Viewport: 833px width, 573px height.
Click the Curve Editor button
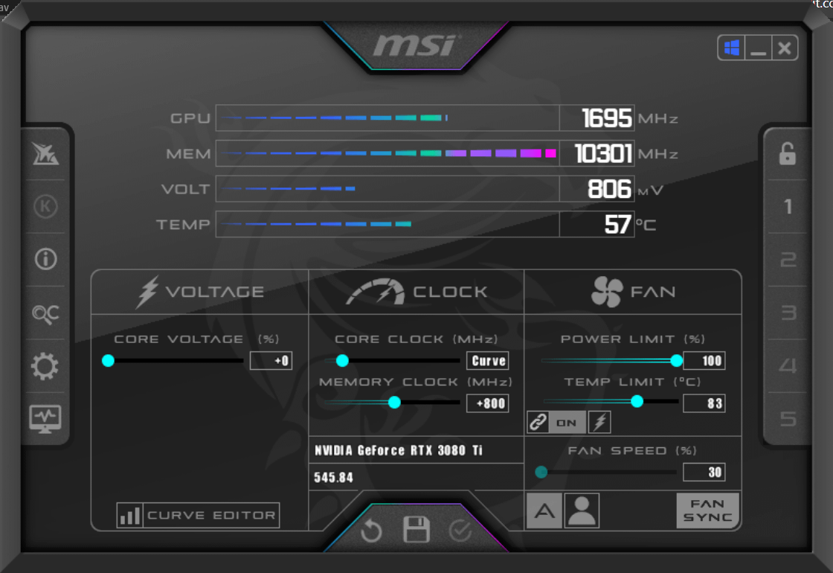(198, 514)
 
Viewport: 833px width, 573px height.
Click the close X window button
(784, 48)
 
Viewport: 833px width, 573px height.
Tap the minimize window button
(758, 48)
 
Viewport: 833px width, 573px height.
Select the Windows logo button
(732, 48)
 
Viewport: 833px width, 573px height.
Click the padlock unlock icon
(788, 153)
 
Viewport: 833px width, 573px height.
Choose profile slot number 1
(788, 206)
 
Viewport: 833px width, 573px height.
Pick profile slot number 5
(788, 419)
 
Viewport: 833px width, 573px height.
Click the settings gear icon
(45, 365)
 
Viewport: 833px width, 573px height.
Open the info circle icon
(45, 260)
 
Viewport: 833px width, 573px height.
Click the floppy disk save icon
(416, 529)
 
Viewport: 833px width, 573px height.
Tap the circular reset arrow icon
(371, 530)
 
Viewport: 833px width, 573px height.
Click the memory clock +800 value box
(488, 403)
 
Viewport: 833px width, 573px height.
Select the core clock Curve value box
(488, 360)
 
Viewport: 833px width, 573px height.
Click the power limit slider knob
(676, 360)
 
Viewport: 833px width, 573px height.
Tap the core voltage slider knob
(108, 360)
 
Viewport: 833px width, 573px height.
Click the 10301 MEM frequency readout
(603, 153)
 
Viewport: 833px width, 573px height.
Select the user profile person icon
(582, 510)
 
